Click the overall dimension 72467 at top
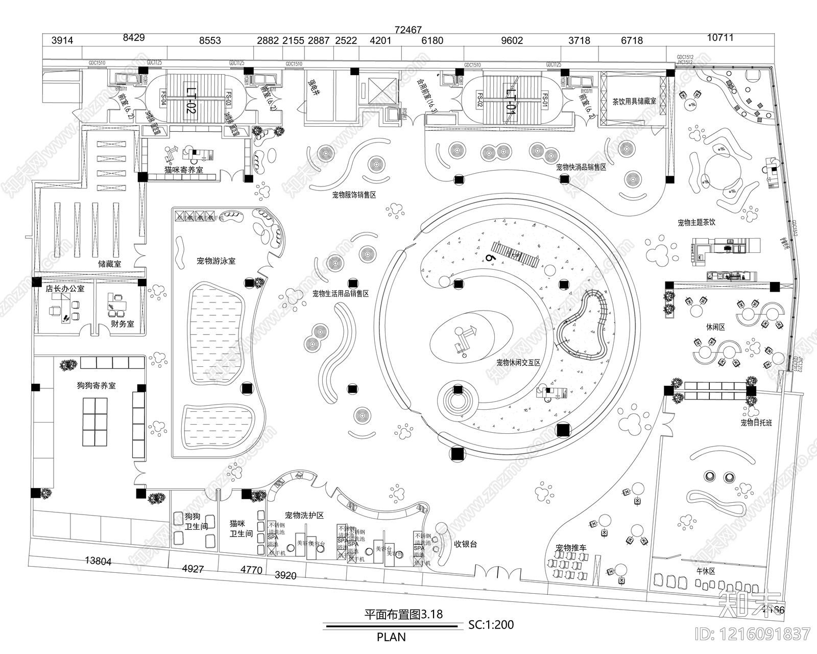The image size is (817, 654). click(x=408, y=30)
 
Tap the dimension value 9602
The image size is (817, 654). click(x=512, y=41)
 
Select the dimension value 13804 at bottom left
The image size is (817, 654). click(x=98, y=561)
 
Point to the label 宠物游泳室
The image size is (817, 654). click(x=216, y=261)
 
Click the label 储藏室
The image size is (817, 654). click(x=110, y=264)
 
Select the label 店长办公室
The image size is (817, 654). click(x=65, y=289)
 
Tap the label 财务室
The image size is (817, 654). click(x=122, y=324)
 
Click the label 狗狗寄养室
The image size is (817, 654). click(x=97, y=386)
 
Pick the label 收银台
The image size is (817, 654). click(x=465, y=544)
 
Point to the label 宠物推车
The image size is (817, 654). click(x=571, y=548)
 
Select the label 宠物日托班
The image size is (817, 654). click(x=757, y=423)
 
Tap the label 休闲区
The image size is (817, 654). click(x=715, y=327)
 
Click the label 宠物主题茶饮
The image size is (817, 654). click(x=696, y=223)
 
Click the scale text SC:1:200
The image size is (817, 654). click(x=491, y=624)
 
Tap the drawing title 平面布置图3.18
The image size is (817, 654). click(x=403, y=614)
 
